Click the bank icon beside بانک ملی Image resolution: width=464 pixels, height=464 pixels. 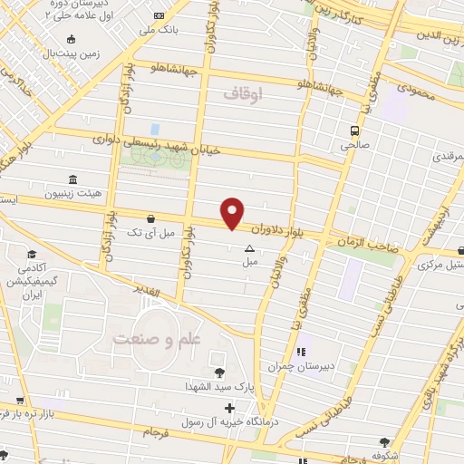pyautogui.click(x=159, y=16)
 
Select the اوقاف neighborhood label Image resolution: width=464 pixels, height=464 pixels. pyautogui.click(x=242, y=92)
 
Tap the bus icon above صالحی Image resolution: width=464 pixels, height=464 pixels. pyautogui.click(x=355, y=129)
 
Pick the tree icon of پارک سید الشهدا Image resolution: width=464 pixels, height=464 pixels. pyautogui.click(x=217, y=372)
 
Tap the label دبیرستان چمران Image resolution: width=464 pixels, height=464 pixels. pyautogui.click(x=288, y=366)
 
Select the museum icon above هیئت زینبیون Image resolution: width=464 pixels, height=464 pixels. pyautogui.click(x=72, y=179)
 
